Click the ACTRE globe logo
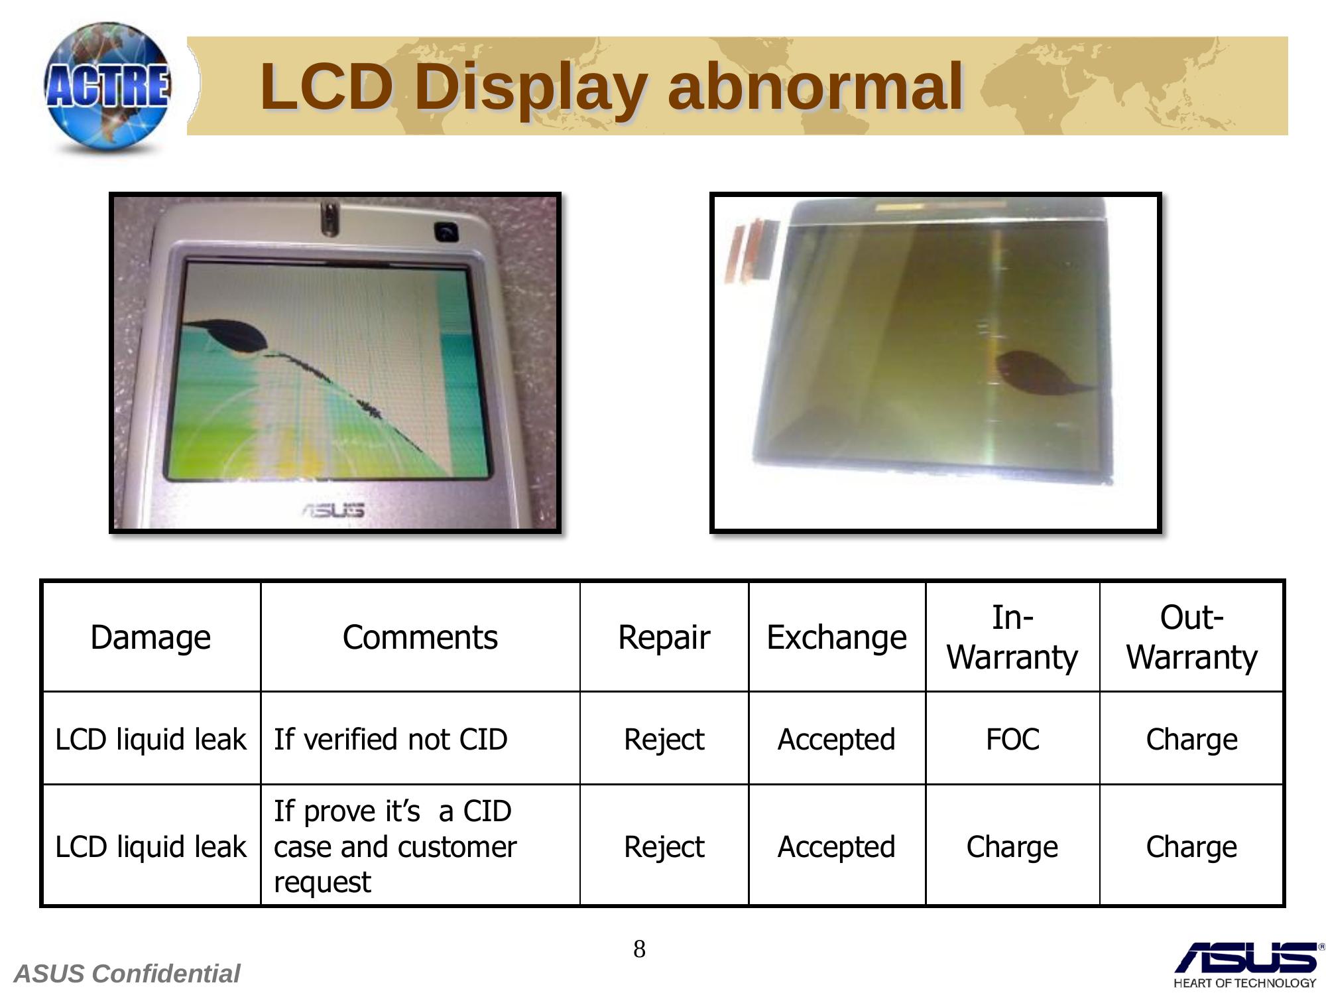click(107, 88)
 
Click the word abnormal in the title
click(815, 86)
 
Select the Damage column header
click(151, 637)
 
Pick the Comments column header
click(420, 637)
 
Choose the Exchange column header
click(837, 637)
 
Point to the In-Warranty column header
click(1012, 637)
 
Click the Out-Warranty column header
click(1191, 637)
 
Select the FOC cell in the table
click(1012, 739)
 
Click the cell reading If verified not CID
click(391, 739)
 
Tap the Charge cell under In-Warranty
click(1012, 846)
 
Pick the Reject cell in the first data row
click(664, 739)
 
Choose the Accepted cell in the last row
click(837, 846)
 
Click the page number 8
click(639, 949)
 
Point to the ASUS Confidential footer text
click(127, 974)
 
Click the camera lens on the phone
click(447, 232)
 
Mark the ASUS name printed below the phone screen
click(333, 510)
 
